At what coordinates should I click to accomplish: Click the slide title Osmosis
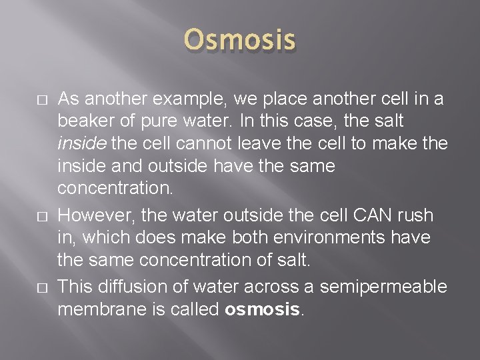(240, 41)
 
